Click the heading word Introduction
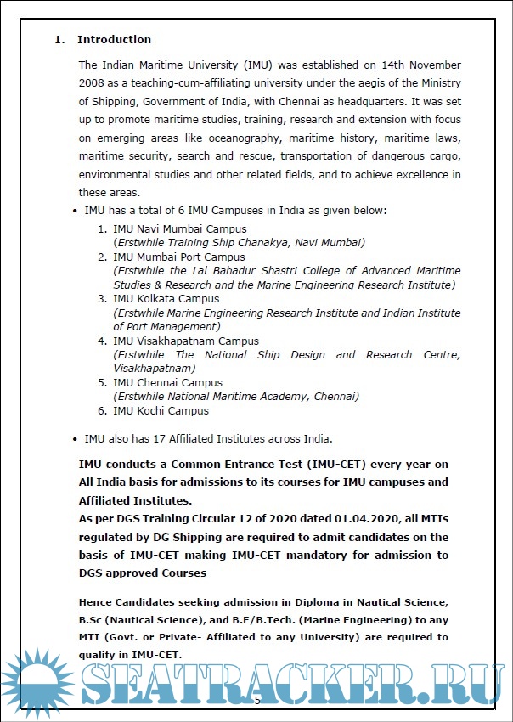click(114, 39)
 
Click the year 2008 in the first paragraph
click(92, 82)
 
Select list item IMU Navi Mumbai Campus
click(180, 228)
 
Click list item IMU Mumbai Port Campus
click(178, 257)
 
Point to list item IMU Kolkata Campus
click(166, 298)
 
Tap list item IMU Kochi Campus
click(161, 410)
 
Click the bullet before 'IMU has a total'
click(76, 210)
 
